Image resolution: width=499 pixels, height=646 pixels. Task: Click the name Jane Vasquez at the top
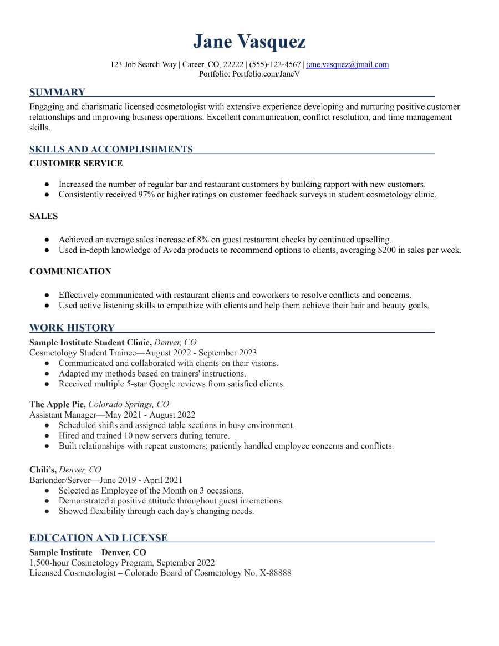click(249, 42)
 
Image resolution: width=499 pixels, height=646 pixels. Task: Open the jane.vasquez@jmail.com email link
click(348, 64)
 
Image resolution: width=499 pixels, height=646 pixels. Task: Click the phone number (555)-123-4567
click(275, 64)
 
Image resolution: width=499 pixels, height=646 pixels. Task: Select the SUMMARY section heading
click(57, 92)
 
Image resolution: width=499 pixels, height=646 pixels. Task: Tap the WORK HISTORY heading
click(72, 328)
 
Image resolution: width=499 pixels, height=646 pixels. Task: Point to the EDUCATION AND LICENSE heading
click(98, 538)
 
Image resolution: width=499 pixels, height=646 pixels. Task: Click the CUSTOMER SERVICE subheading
click(76, 164)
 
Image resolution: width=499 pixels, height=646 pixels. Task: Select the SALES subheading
click(43, 216)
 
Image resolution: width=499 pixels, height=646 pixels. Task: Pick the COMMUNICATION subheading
click(70, 272)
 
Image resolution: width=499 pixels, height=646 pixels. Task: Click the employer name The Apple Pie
click(57, 404)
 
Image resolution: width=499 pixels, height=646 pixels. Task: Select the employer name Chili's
click(43, 470)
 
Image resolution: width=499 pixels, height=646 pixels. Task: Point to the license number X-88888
click(276, 573)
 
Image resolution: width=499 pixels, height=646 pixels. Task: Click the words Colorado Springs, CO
click(129, 404)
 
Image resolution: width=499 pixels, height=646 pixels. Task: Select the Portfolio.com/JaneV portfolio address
click(266, 74)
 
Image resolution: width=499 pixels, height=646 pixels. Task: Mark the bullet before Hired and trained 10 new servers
click(47, 436)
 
